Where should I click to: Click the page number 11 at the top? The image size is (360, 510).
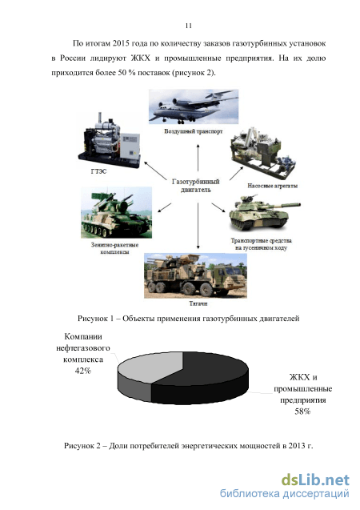pyautogui.click(x=189, y=26)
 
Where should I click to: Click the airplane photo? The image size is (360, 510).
pyautogui.click(x=194, y=106)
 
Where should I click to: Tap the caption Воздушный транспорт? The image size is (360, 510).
pyautogui.click(x=194, y=131)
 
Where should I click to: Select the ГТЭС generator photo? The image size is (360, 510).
pyautogui.click(x=109, y=140)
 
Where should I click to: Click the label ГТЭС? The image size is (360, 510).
pyautogui.click(x=98, y=171)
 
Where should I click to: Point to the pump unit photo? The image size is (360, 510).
pyautogui.click(x=262, y=154)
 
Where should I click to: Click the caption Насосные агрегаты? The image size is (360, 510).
pyautogui.click(x=272, y=186)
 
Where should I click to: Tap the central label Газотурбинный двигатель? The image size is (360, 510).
pyautogui.click(x=195, y=186)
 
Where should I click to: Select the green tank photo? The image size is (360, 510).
pyautogui.click(x=265, y=213)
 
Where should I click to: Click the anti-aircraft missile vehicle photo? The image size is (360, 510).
pyautogui.click(x=116, y=212)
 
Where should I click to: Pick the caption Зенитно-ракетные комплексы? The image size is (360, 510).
pyautogui.click(x=114, y=248)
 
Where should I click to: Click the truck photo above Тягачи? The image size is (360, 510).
pyautogui.click(x=195, y=275)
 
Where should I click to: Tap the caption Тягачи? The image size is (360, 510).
pyautogui.click(x=198, y=303)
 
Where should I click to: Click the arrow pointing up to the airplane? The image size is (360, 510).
pyautogui.click(x=198, y=157)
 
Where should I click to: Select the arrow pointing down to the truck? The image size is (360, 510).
pyautogui.click(x=198, y=226)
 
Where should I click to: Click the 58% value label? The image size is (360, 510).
pyautogui.click(x=302, y=412)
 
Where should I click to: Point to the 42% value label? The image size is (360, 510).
pyautogui.click(x=83, y=371)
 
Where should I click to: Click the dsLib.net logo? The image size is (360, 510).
pyautogui.click(x=315, y=480)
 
